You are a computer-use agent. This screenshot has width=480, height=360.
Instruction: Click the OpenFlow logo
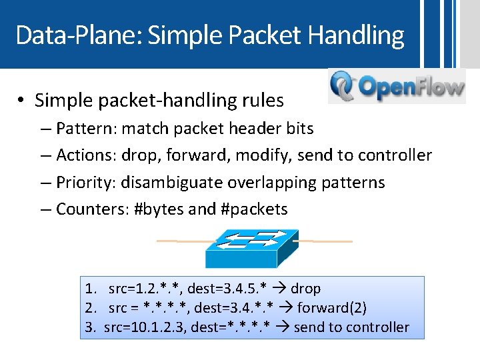[397, 87]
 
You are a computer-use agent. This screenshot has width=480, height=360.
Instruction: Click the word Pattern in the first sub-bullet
[79, 128]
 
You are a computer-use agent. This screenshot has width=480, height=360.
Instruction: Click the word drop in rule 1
[305, 289]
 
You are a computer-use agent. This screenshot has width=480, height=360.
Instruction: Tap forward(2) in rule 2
[331, 308]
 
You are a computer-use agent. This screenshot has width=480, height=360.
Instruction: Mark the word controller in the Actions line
[395, 155]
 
